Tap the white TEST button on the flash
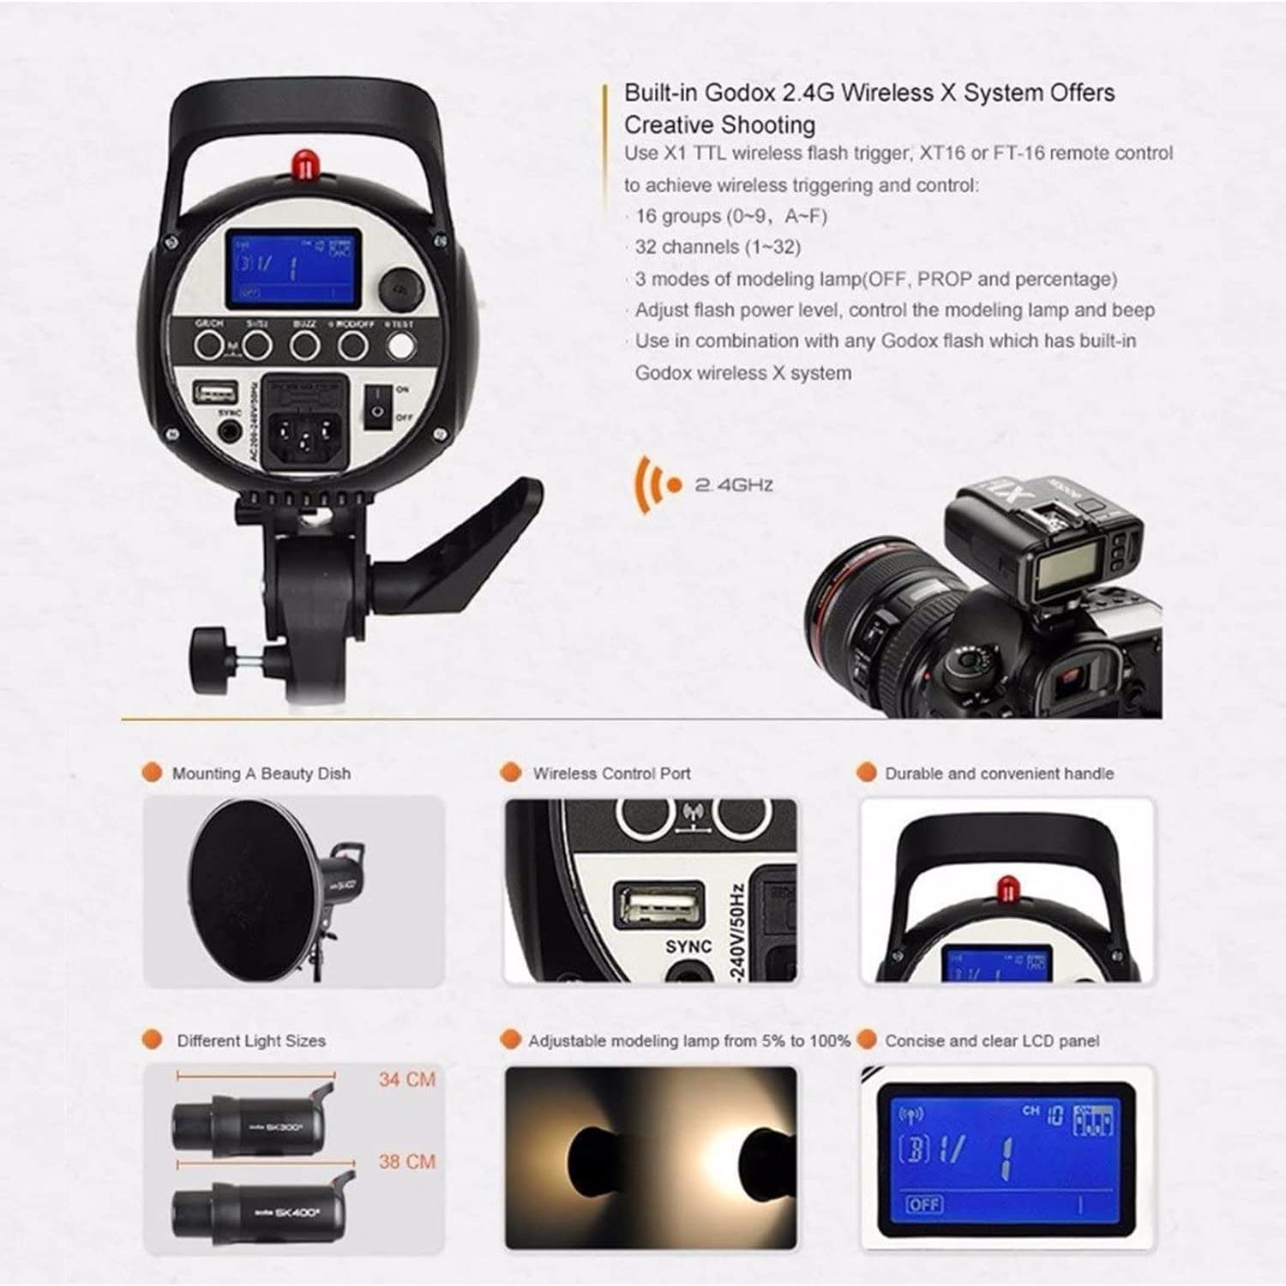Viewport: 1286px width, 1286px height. point(400,346)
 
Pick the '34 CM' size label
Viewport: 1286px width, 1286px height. point(407,1079)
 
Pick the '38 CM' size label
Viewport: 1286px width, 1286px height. point(407,1162)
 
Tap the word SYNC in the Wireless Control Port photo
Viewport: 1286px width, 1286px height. point(688,946)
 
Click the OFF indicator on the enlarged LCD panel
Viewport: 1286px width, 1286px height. point(924,1205)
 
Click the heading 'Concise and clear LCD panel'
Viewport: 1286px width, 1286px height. point(992,1041)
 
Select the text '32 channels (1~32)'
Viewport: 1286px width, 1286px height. point(718,248)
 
